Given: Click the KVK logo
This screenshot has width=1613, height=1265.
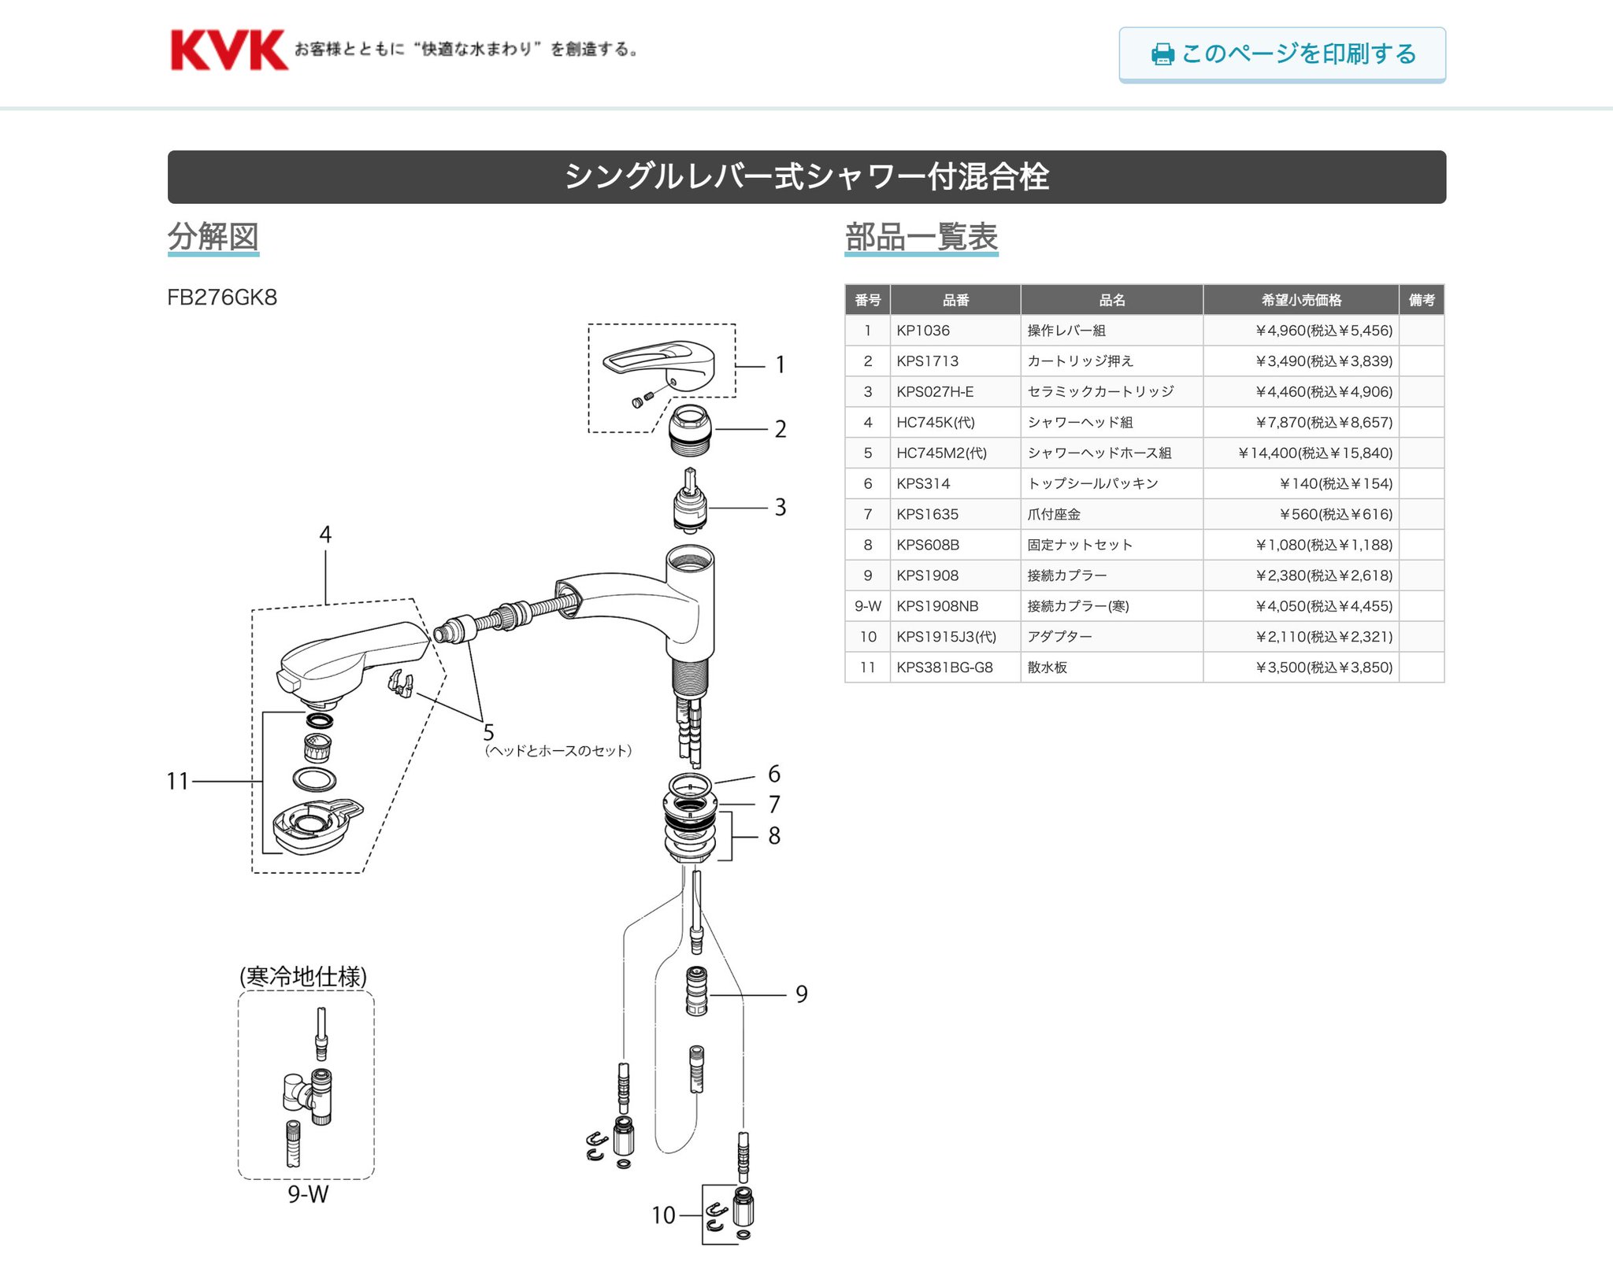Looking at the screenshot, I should pos(228,50).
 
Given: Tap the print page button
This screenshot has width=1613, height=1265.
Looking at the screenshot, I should pos(1281,54).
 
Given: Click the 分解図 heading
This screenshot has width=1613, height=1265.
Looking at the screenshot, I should pos(213,236).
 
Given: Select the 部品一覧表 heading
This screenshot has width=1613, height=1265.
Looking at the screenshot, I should pos(921,236).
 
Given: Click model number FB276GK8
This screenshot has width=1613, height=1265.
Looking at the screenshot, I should pos(222,298).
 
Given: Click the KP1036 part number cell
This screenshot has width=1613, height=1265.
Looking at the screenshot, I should pos(955,331).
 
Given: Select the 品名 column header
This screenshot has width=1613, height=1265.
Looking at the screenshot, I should pos(1111,300).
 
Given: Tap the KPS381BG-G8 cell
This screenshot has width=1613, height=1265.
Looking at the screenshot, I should pos(955,668).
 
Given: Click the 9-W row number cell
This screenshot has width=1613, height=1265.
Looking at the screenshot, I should pos(867,606).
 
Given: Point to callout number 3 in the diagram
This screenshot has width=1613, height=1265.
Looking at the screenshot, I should pos(780,507).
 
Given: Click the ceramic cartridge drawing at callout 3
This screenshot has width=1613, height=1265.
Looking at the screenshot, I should pos(691,502).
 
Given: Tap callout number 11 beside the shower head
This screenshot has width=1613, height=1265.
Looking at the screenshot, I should pos(178,781).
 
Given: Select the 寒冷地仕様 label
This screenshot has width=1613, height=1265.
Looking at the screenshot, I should pos(303,976).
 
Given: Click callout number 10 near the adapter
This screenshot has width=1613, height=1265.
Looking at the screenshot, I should pos(663,1215).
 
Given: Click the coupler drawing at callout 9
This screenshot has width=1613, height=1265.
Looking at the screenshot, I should pos(696,992).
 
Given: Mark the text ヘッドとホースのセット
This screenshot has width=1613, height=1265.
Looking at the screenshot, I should pos(558,751).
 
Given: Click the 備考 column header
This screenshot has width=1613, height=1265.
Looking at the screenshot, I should pos(1421,300).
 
